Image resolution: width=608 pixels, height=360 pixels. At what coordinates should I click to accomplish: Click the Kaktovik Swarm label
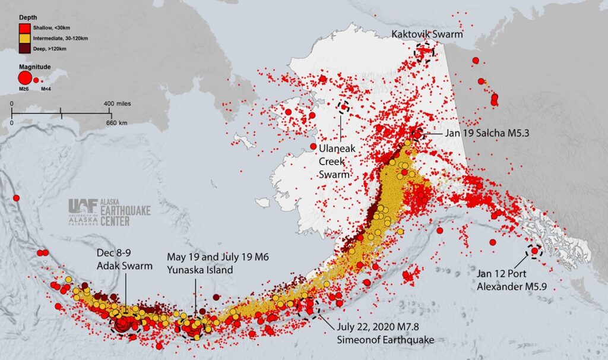426,34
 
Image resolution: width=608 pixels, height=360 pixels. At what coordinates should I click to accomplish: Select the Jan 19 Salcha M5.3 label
486,133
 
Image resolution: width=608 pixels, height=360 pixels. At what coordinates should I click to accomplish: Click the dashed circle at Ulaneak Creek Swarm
343,107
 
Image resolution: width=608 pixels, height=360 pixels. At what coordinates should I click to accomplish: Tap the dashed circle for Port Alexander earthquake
534,251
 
